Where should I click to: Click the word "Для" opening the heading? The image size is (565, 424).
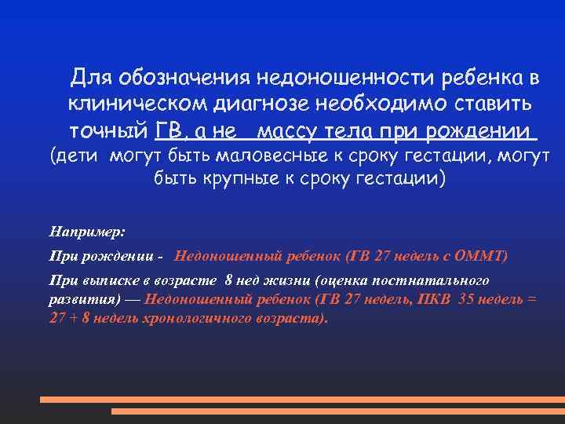(89, 78)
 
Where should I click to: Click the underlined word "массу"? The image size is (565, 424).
(291, 130)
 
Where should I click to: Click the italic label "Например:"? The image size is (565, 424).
(86, 232)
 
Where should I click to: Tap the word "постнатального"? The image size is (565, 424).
(432, 280)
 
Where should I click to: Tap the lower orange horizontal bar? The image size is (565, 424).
(337, 411)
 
